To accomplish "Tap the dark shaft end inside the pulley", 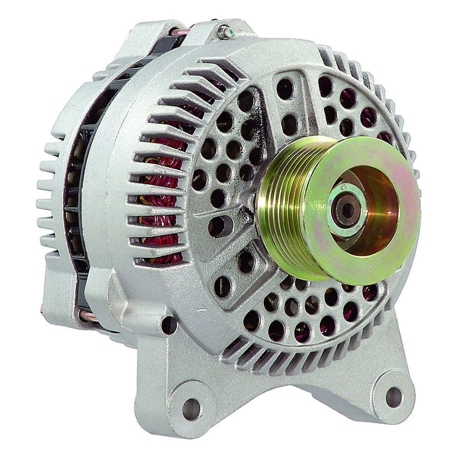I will (347, 209).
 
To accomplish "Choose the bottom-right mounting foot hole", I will (393, 396).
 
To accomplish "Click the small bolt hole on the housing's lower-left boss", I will (168, 325).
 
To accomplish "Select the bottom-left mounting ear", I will (183, 403).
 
